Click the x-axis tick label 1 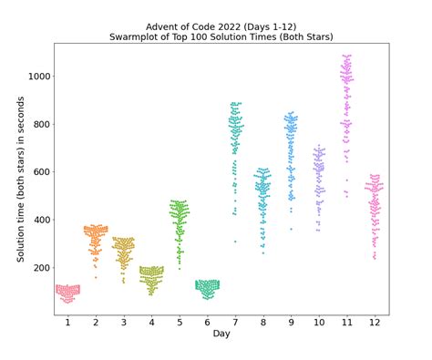coord(67,324)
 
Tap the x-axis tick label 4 coord(151,324)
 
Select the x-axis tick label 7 coord(235,324)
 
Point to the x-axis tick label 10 coord(319,324)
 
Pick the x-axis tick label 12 coord(375,324)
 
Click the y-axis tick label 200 coord(38,268)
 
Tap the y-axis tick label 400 coord(38,220)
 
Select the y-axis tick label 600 coord(38,172)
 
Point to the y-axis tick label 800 coord(38,124)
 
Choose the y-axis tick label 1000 coord(36,77)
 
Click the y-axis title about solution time coord(20,179)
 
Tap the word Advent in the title coord(165,27)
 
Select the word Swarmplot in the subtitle coord(165,38)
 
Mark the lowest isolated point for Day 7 coord(235,242)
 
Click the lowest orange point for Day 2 coord(96,277)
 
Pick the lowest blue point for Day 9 coord(291,229)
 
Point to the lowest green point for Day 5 coord(180,269)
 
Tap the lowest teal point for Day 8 coord(263,252)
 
